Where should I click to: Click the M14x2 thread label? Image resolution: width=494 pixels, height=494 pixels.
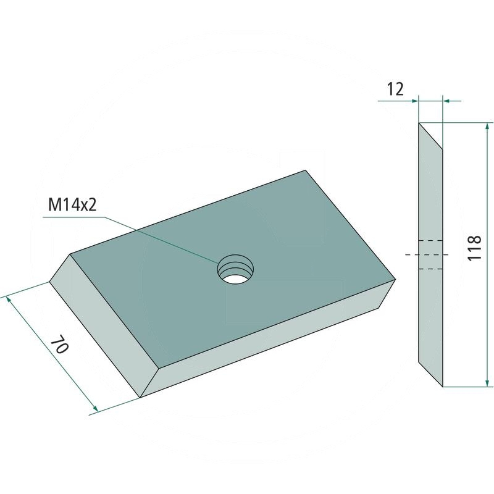click(72, 205)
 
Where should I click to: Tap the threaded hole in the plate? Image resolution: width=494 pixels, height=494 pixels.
click(235, 269)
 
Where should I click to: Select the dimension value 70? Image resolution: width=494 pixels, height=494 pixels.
click(59, 345)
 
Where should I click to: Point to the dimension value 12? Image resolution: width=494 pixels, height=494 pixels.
click(395, 89)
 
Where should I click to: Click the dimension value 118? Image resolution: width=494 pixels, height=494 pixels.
click(474, 248)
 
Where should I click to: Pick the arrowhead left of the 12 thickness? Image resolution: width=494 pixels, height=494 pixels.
click(413, 101)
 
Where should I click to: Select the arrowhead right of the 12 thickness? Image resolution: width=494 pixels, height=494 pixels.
click(448, 101)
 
